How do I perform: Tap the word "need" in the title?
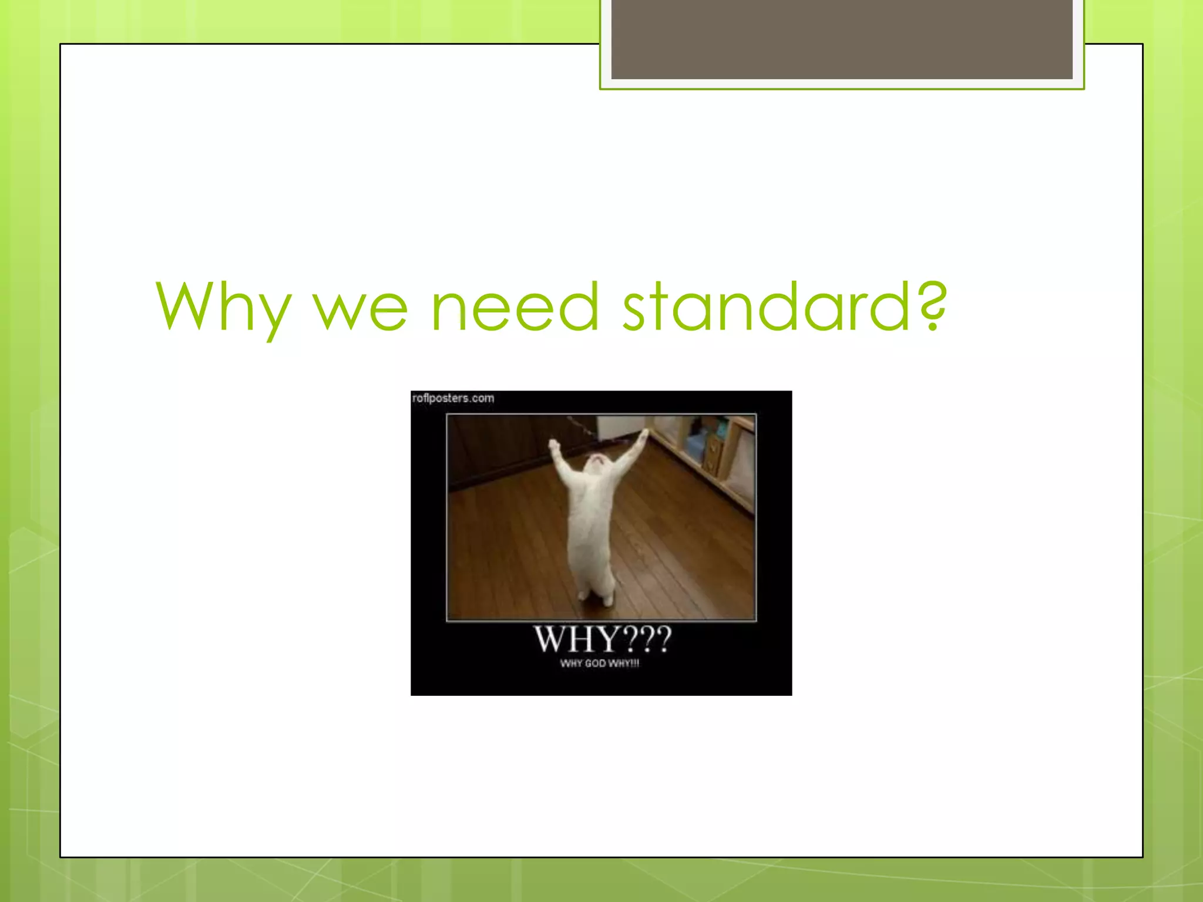click(515, 307)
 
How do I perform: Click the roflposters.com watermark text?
click(453, 398)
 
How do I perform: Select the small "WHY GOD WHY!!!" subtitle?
click(600, 664)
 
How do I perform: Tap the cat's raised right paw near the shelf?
click(644, 435)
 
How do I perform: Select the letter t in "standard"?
click(656, 307)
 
